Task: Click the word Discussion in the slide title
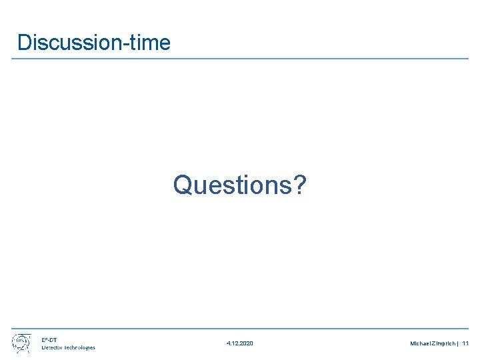pos(67,43)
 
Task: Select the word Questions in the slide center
pos(232,185)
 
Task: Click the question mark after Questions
pos(300,185)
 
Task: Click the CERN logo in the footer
pos(21,343)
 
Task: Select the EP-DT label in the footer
pos(49,339)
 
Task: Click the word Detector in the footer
pos(53,347)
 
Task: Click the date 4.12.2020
pos(239,343)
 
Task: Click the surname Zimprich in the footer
pos(443,343)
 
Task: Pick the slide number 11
pos(465,343)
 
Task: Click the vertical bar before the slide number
pos(458,343)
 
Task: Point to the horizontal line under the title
pos(240,59)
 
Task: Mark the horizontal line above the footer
pos(240,329)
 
